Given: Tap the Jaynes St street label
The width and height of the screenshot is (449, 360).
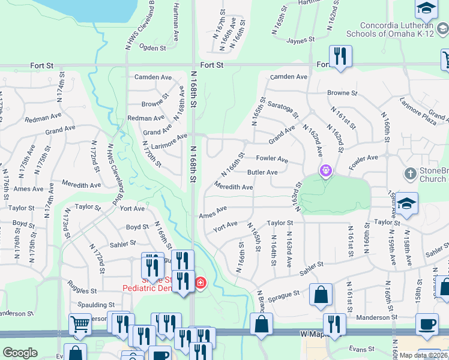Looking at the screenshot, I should pos(301,40).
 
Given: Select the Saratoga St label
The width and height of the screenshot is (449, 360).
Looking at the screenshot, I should pos(283,109).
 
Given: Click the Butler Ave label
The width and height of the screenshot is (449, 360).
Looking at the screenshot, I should pos(262,172).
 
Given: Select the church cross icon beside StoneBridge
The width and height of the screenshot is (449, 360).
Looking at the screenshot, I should pos(410,174).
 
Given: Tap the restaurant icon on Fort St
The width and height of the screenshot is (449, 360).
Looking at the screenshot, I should pos(340,56).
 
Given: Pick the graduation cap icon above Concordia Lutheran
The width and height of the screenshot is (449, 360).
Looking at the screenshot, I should pos(426,8).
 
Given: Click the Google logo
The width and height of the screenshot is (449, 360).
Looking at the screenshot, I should pos(20,353).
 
